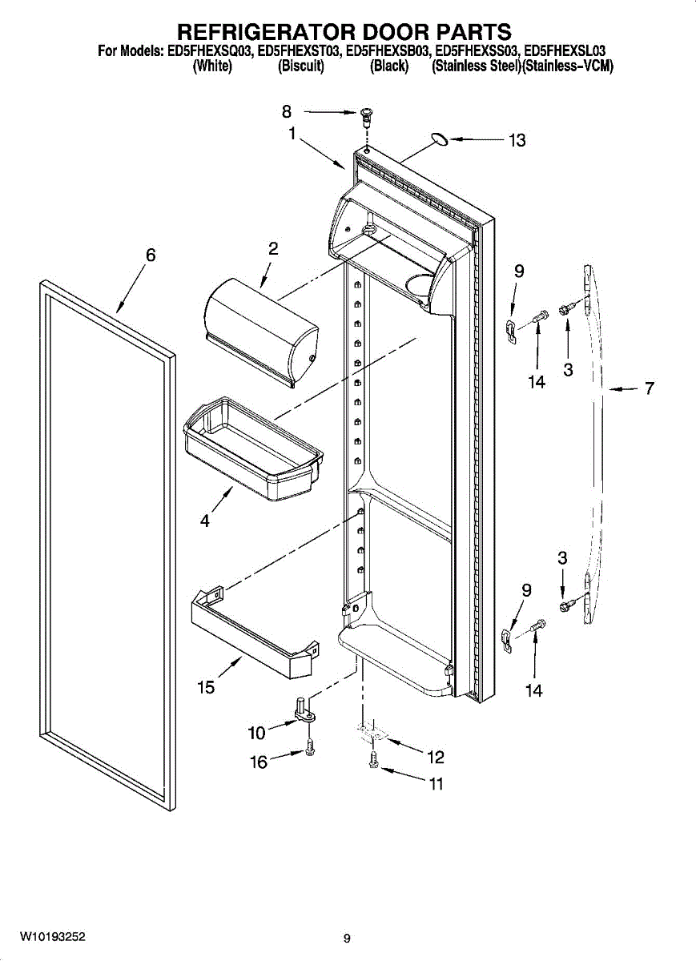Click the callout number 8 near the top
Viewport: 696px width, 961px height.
tap(287, 112)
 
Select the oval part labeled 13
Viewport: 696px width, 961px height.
tap(438, 140)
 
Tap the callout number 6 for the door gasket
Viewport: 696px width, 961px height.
tap(151, 255)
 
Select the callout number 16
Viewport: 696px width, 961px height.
tap(259, 762)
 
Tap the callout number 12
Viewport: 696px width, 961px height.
tap(435, 757)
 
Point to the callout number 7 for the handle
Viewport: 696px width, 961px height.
tap(649, 389)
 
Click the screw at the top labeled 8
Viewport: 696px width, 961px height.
tap(367, 117)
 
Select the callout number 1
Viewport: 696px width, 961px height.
tap(293, 135)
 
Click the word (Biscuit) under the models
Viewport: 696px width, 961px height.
tap(300, 67)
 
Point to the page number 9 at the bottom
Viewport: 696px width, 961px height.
tap(347, 939)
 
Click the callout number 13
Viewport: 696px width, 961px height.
tap(517, 141)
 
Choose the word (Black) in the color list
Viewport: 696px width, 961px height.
tap(389, 67)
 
